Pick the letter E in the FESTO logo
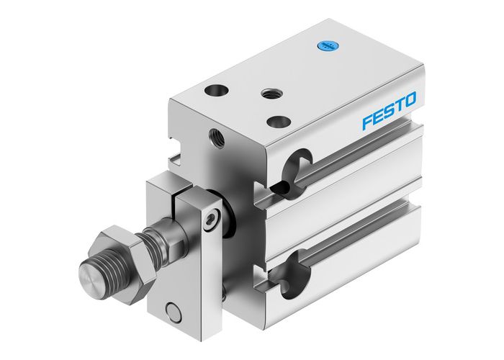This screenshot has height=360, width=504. coord(377,117)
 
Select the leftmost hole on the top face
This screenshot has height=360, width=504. coord(215,91)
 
